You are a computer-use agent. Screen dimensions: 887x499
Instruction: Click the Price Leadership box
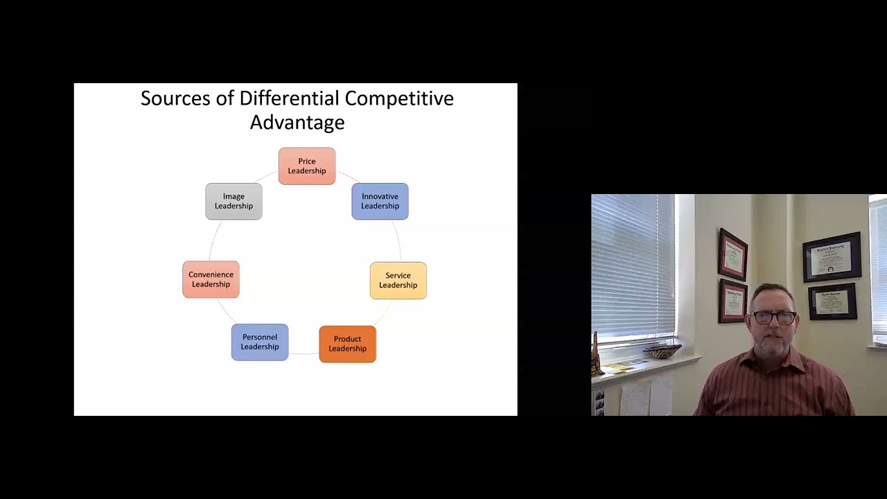(307, 166)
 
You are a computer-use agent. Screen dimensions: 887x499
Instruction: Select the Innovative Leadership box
(380, 201)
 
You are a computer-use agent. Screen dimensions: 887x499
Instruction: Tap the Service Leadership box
(398, 281)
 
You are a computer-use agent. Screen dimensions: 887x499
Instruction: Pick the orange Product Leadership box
(347, 344)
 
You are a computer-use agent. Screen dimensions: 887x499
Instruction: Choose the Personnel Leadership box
(260, 342)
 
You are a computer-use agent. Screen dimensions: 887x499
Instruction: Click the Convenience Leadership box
(211, 279)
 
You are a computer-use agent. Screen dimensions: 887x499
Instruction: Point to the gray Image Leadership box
(234, 201)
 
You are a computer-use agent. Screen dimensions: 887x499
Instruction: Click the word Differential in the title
(289, 98)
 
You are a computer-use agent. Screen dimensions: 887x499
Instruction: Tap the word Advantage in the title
(297, 123)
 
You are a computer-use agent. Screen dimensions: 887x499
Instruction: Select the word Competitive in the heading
(399, 98)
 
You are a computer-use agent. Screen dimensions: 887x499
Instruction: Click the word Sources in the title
(175, 98)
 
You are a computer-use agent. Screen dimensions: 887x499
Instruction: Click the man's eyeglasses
(774, 317)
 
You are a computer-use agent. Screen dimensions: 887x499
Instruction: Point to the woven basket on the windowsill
(662, 350)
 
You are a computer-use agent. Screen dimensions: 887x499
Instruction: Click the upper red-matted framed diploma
(733, 254)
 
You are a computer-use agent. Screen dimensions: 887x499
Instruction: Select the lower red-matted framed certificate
(732, 301)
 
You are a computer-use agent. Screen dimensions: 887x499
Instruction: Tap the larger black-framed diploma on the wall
(832, 257)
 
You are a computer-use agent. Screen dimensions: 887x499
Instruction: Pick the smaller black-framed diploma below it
(832, 301)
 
